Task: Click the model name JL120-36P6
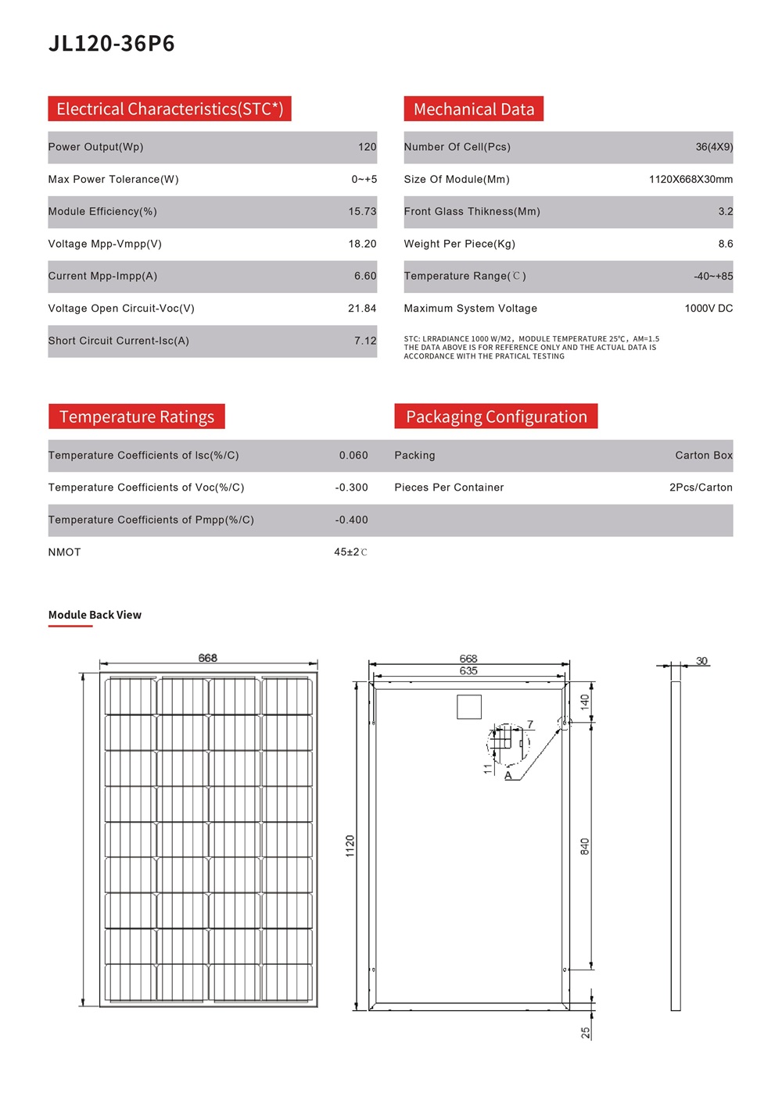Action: [112, 43]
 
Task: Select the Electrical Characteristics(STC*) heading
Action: [170, 109]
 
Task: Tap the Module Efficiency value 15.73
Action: [362, 212]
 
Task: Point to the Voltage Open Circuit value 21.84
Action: [362, 309]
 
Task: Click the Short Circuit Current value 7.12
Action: [365, 341]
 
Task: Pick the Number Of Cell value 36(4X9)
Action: [714, 147]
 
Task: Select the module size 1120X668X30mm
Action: [691, 180]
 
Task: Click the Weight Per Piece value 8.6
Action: [726, 244]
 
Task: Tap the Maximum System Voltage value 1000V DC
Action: [708, 309]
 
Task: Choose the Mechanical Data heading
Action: [474, 109]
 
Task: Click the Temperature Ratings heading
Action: [137, 416]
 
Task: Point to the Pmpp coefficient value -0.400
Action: [352, 520]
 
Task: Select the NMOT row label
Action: [64, 552]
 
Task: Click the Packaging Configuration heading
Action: [496, 416]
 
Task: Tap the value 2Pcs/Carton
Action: [701, 488]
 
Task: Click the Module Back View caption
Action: [95, 615]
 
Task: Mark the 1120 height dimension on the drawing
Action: [350, 845]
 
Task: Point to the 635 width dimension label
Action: [468, 671]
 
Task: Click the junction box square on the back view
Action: [469, 707]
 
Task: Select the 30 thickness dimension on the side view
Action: [702, 661]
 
